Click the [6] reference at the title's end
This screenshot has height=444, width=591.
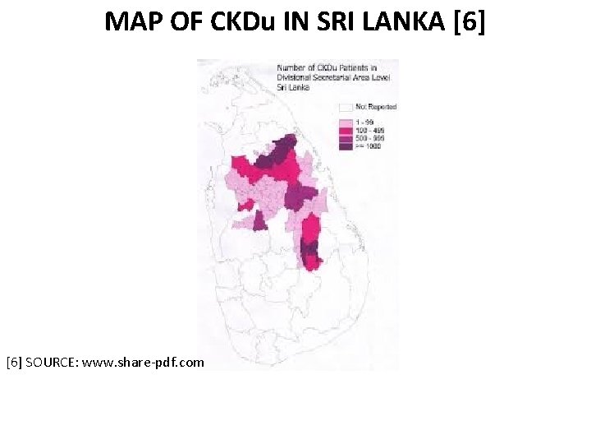tap(469, 21)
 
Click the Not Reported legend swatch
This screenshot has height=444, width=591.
tap(346, 107)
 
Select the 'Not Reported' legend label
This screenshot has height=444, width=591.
tap(377, 107)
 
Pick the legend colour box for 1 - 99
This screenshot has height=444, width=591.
tap(346, 123)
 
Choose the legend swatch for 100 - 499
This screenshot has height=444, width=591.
tap(346, 130)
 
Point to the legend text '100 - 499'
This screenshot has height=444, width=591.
tap(372, 130)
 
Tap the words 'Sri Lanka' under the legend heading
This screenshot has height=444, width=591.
tap(292, 87)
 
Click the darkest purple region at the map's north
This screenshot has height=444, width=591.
tap(281, 150)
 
